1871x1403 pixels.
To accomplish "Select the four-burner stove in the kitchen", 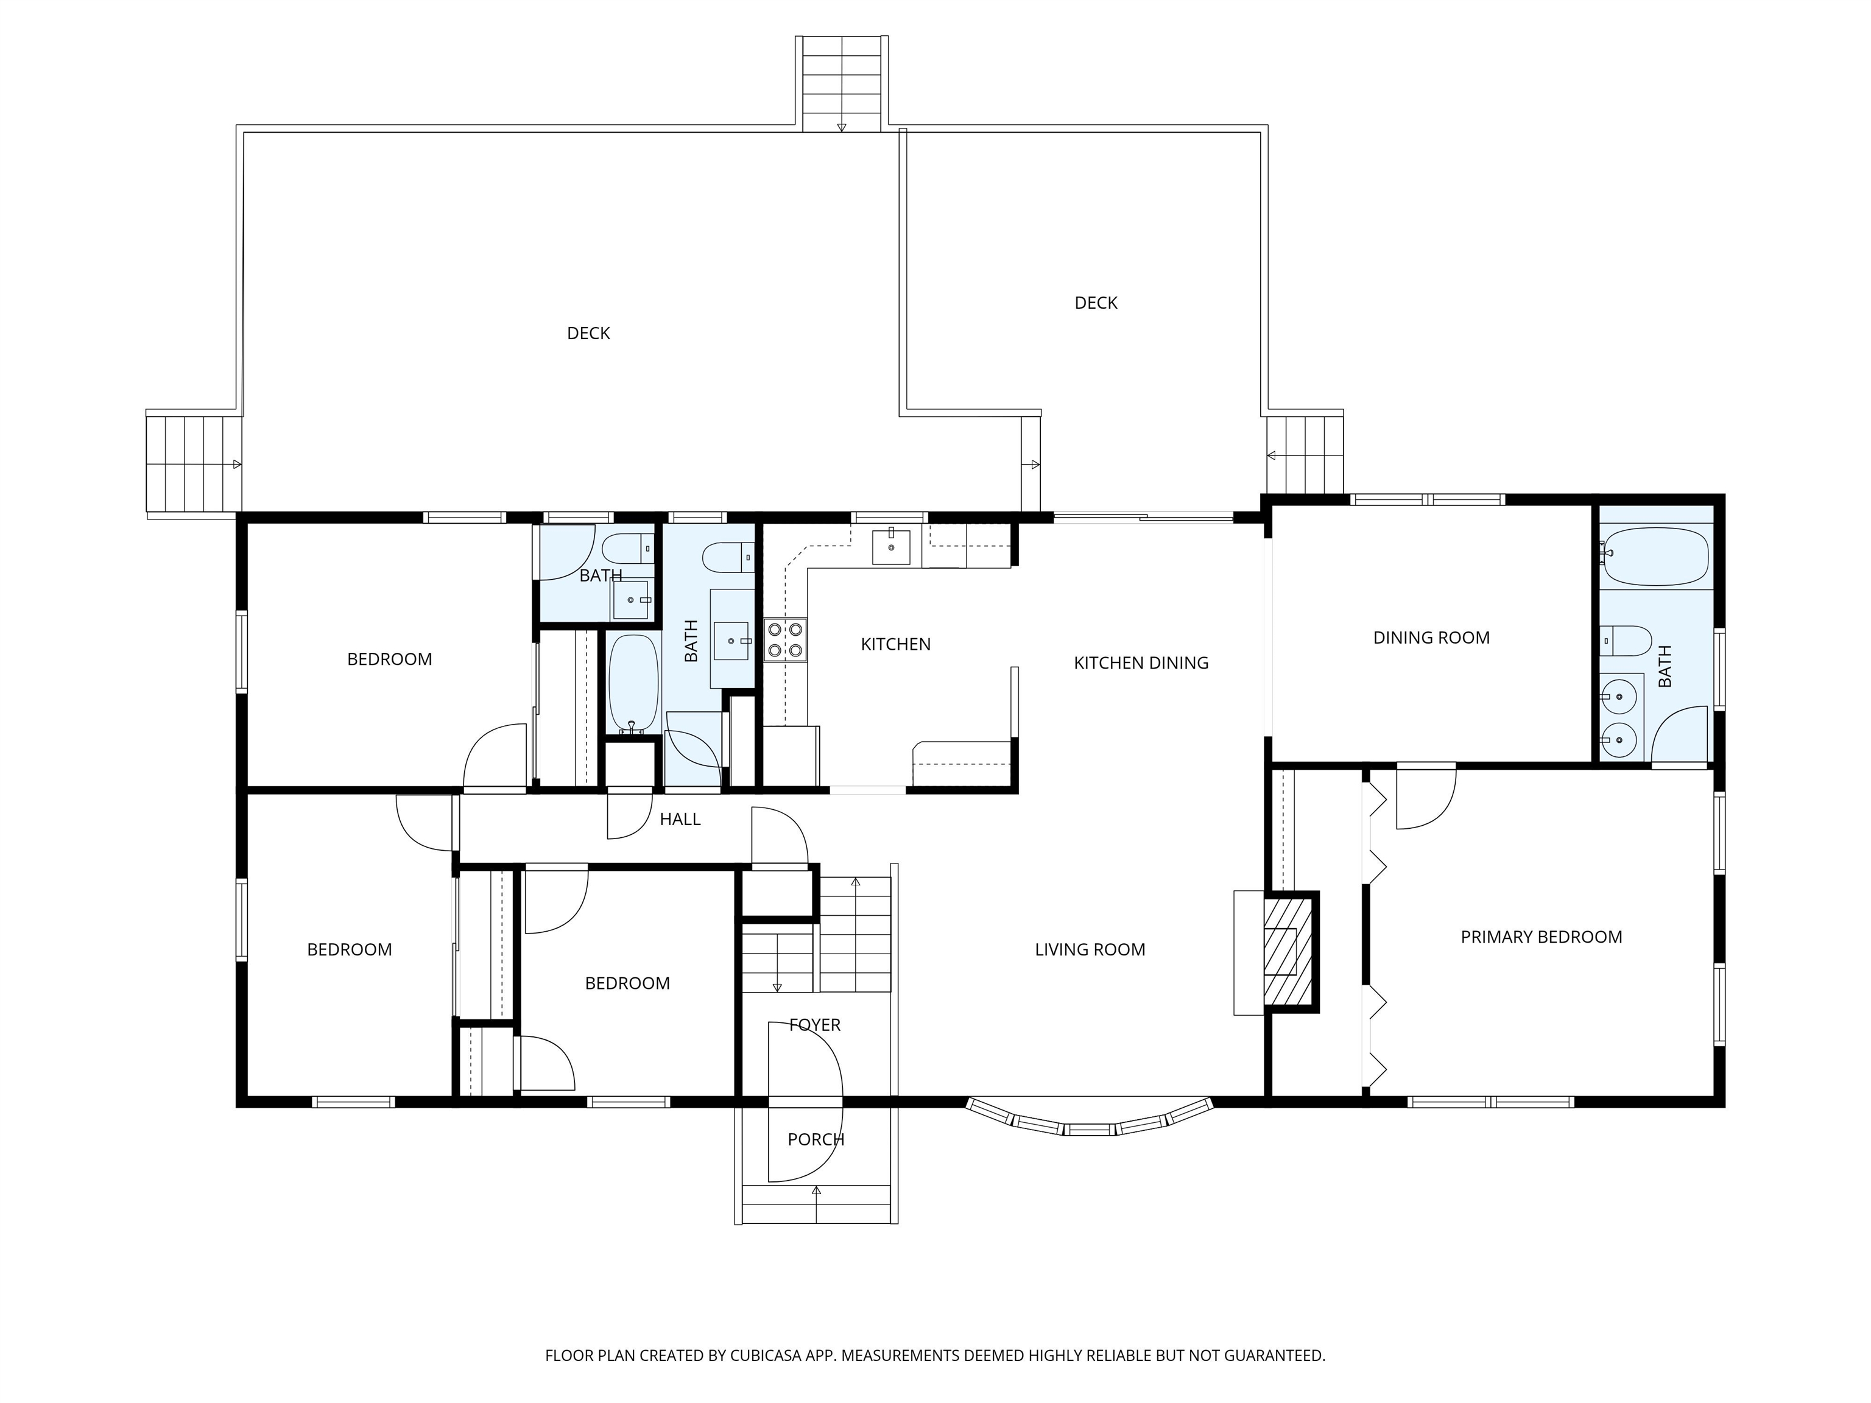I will pos(785,639).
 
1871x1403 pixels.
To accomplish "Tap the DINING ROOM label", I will pos(1431,638).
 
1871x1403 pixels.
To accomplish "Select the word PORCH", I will pos(816,1140).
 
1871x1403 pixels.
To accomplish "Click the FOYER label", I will pos(814,1025).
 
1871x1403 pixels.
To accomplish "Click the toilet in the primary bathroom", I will pos(1626,640).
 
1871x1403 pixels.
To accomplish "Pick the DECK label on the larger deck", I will pos(588,333).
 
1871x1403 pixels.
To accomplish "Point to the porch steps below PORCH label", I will pos(816,1203).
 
